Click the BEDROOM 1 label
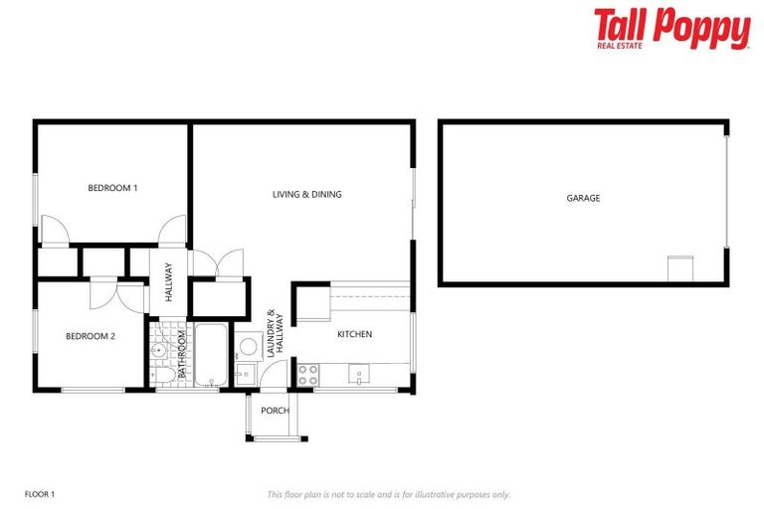pyautogui.click(x=112, y=188)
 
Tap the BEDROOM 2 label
pyautogui.click(x=91, y=336)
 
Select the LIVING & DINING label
pyautogui.click(x=306, y=194)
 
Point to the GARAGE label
pyautogui.click(x=583, y=198)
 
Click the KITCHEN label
pyautogui.click(x=354, y=334)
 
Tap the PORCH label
pyautogui.click(x=275, y=411)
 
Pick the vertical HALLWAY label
pyautogui.click(x=169, y=281)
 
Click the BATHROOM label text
pyautogui.click(x=182, y=353)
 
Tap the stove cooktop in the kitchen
pyautogui.click(x=307, y=375)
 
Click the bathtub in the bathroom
pyautogui.click(x=211, y=355)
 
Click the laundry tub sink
pyautogui.click(x=245, y=375)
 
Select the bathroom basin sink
pyautogui.click(x=157, y=349)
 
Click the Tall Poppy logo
pyautogui.click(x=671, y=29)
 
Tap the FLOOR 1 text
pyautogui.click(x=39, y=494)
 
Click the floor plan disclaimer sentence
pyautogui.click(x=388, y=494)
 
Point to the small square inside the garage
pyautogui.click(x=678, y=269)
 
